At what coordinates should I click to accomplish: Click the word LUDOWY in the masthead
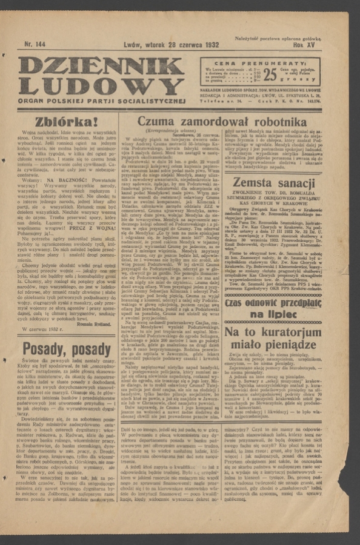coord(101,85)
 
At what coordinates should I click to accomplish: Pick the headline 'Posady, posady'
coord(67,350)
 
